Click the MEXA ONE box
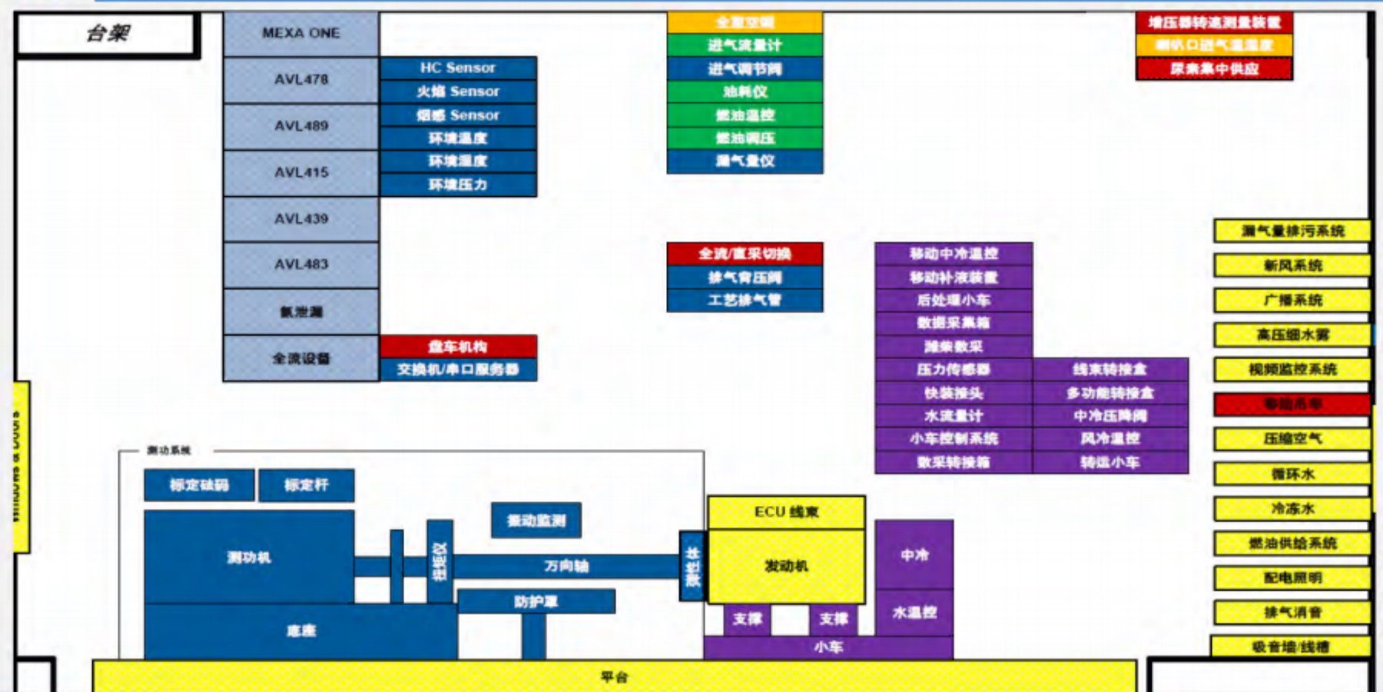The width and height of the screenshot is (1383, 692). pos(300,33)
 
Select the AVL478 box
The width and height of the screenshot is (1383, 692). pos(300,79)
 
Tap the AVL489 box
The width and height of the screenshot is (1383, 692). pos(300,126)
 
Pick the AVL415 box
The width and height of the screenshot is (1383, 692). pos(300,172)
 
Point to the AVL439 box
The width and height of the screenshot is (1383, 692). pos(300,218)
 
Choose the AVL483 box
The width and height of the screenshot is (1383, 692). pos(300,264)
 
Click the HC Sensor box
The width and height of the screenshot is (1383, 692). pos(458,68)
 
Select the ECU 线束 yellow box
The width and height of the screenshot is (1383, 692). pos(786,512)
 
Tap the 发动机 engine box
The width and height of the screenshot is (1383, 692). pos(786,566)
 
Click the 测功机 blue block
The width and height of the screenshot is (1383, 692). pos(249,557)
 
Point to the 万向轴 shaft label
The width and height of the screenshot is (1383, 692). pos(566,566)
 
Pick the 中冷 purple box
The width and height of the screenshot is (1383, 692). pos(914,554)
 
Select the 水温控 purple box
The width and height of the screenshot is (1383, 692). pos(914,613)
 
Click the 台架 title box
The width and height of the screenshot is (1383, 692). pos(108,34)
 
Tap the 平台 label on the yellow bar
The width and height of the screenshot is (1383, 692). pos(614,677)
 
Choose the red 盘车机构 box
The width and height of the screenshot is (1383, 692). pos(458,346)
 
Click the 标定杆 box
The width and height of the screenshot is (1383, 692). pos(306,485)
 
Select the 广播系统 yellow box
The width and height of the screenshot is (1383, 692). pos(1292,300)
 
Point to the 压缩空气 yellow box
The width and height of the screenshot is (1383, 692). pos(1292,439)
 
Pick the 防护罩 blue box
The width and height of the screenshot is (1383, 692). pos(536,601)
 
